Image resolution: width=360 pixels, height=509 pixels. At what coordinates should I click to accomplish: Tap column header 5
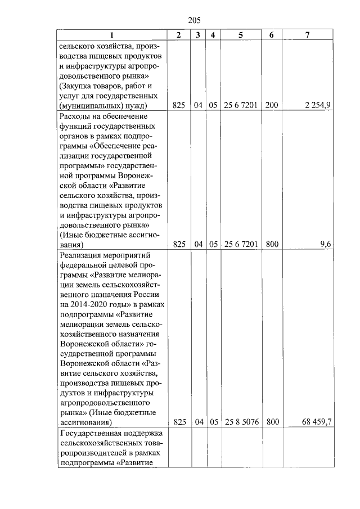click(x=241, y=35)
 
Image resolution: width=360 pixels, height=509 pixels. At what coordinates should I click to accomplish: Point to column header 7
click(x=307, y=35)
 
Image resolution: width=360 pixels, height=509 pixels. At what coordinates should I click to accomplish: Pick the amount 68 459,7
click(x=319, y=421)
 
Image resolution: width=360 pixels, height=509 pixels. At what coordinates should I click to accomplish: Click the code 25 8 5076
click(x=241, y=421)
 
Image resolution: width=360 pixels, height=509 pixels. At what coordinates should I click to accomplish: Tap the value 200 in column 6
click(x=272, y=105)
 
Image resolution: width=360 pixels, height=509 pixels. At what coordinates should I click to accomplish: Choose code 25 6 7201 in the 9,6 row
click(x=241, y=244)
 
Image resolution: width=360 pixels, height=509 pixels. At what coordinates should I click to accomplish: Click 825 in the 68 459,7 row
click(x=179, y=421)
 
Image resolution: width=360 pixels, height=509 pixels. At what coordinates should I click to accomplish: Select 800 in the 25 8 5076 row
click(x=272, y=421)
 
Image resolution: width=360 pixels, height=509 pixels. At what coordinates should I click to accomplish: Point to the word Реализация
click(x=81, y=256)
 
